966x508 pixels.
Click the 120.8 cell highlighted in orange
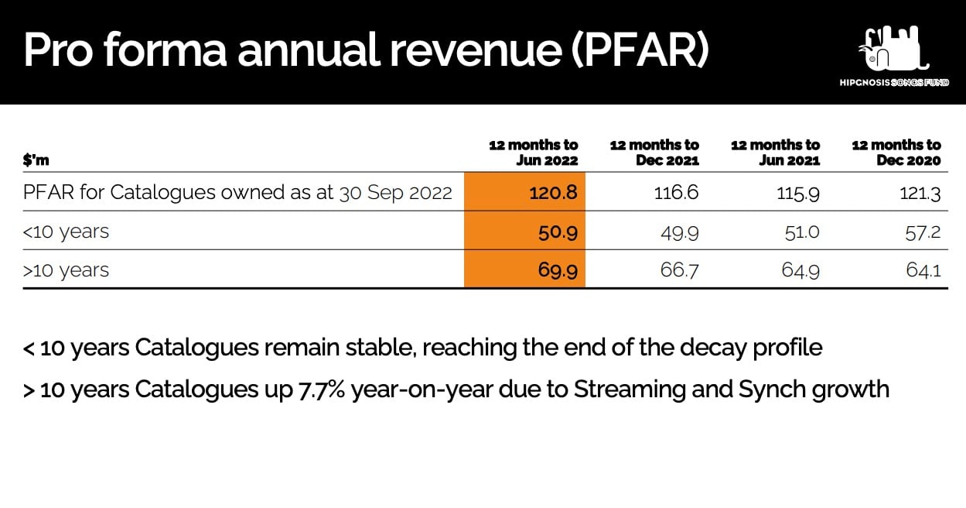(x=554, y=192)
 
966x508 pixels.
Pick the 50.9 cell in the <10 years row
(x=557, y=231)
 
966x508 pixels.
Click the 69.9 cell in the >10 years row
(x=557, y=269)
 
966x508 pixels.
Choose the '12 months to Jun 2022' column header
(x=534, y=152)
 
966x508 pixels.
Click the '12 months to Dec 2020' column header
(x=896, y=152)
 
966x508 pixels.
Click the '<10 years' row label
(x=67, y=231)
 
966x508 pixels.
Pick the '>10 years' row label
(x=67, y=269)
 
